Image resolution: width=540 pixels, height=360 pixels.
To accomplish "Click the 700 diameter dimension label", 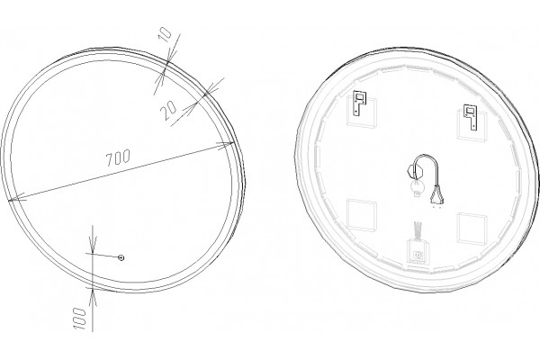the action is (118, 157).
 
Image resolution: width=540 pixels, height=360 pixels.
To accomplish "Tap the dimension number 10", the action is (166, 35).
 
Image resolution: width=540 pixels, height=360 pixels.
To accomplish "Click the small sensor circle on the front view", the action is (121, 257).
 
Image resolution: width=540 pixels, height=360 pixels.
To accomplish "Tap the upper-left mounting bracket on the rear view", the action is (359, 103).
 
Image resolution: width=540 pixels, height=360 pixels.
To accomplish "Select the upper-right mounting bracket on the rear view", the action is (471, 117).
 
